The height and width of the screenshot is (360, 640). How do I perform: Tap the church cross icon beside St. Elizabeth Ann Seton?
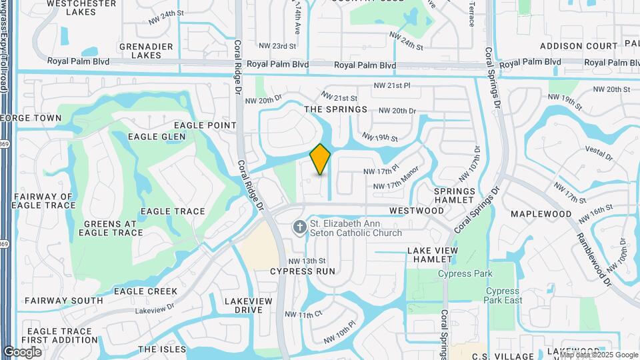click(300, 227)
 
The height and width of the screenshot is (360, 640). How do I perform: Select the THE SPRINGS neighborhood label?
click(335, 109)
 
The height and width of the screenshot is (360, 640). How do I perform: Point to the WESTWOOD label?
click(417, 211)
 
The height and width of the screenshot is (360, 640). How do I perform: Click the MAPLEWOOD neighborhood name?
click(541, 214)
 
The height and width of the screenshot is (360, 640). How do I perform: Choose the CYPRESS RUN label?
click(302, 271)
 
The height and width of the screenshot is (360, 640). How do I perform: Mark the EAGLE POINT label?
click(205, 125)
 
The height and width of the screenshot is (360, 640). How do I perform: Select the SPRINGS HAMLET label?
click(455, 196)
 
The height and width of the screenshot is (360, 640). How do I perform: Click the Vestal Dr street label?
click(597, 155)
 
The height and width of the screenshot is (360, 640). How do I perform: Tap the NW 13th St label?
click(307, 261)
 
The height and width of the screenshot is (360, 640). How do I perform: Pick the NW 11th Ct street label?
click(303, 314)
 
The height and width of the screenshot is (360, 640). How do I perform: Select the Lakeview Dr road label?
click(154, 309)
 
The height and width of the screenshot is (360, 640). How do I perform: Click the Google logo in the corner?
click(22, 351)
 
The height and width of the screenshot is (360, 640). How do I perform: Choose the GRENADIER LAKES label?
click(146, 51)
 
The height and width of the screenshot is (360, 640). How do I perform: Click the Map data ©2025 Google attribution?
click(599, 355)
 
